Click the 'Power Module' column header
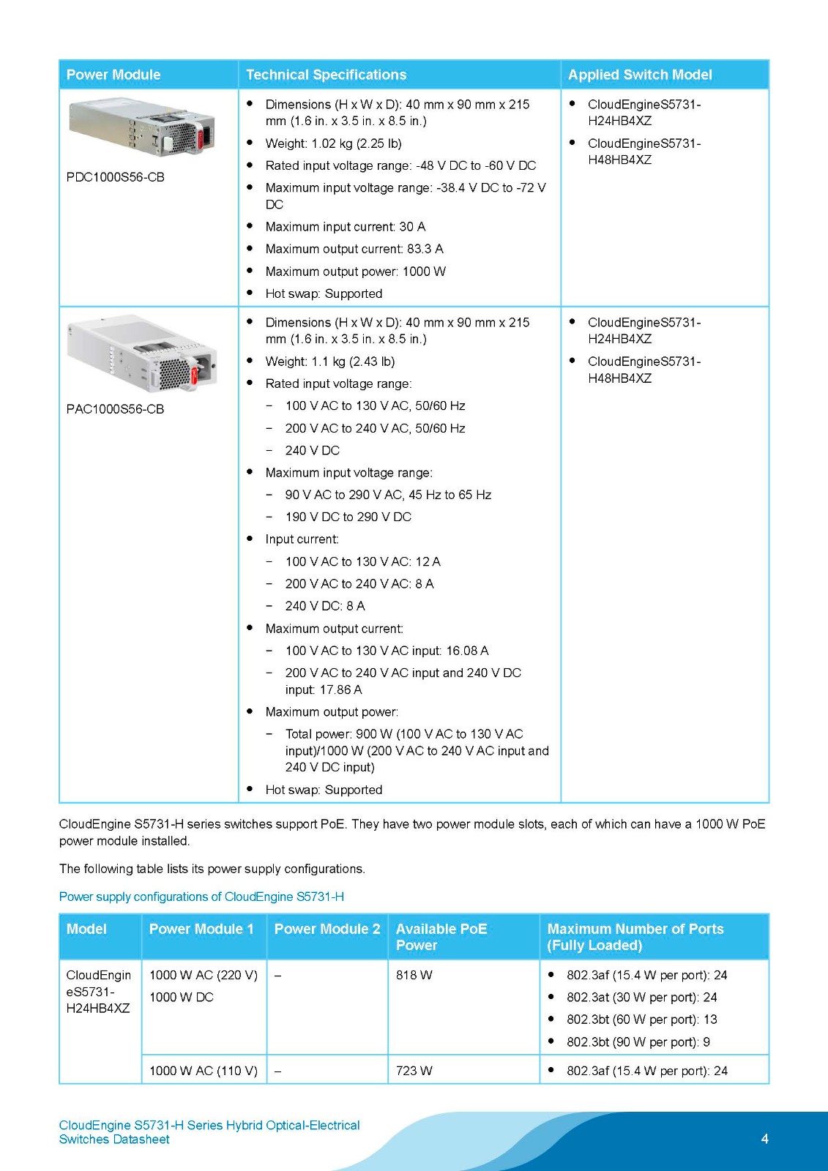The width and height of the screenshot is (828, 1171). tap(113, 75)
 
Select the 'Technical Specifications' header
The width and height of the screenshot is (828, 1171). tap(326, 75)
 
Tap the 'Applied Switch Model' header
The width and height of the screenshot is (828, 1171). tap(640, 75)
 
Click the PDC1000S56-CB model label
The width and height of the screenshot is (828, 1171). tap(116, 177)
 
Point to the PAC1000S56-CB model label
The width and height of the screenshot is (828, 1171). tap(116, 409)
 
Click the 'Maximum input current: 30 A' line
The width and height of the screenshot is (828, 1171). tap(345, 227)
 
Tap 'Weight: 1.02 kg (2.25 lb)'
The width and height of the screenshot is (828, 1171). tap(333, 143)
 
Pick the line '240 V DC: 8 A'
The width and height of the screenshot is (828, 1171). tap(325, 606)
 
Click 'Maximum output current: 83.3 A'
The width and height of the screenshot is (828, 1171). tap(354, 249)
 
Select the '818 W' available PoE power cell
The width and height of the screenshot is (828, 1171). tap(414, 976)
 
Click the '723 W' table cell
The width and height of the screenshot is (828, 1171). tap(414, 1071)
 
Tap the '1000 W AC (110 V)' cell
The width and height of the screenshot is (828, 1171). tap(204, 1071)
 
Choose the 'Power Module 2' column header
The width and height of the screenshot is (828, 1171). tap(327, 929)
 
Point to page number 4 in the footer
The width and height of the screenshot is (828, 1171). tap(765, 1139)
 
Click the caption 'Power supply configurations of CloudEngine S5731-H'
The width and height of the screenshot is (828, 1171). tap(201, 897)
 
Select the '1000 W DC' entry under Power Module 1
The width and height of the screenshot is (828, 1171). tap(182, 998)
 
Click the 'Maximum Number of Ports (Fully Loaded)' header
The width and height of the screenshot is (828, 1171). tap(635, 937)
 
